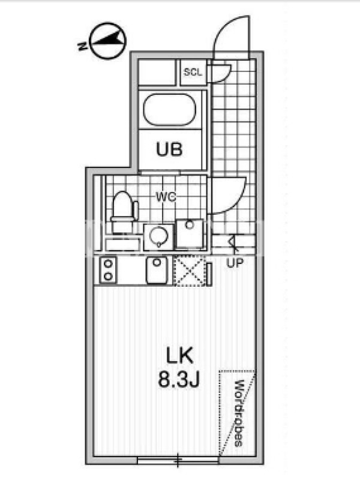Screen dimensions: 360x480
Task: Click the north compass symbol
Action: coord(107,41)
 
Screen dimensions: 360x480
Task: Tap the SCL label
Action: coord(193,72)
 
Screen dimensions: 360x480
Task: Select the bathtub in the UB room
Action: coord(170,110)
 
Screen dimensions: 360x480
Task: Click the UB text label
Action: coord(169,149)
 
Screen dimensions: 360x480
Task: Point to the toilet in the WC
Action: coord(124,211)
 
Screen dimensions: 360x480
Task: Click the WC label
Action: coord(166,197)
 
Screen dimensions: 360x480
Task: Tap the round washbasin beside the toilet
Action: coord(159,236)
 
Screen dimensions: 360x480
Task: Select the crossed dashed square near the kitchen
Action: coord(189,271)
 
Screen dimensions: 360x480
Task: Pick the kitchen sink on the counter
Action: coord(157,270)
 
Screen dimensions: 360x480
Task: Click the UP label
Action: coord(235,263)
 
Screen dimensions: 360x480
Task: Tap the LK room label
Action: coord(179,356)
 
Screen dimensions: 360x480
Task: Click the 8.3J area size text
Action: coord(179,380)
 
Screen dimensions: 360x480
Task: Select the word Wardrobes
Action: coord(239,413)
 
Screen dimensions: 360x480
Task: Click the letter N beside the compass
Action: coord(82,46)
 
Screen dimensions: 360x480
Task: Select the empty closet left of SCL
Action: coord(157,72)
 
